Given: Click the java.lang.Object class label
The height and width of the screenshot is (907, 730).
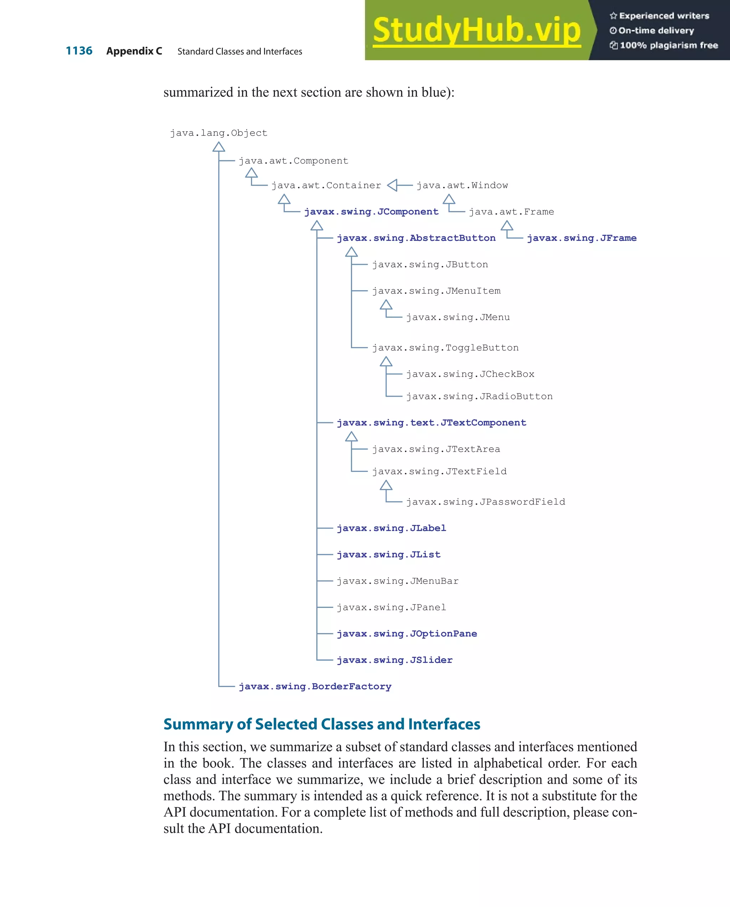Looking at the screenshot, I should pyautogui.click(x=219, y=133).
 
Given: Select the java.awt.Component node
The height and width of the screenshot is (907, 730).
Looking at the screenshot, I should pyautogui.click(x=293, y=161).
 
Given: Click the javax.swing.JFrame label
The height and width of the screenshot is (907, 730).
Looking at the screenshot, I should pyautogui.click(x=581, y=238).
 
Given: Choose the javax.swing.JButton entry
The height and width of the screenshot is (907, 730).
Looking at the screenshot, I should pyautogui.click(x=430, y=264).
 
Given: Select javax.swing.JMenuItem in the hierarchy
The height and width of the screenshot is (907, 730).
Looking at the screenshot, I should pyautogui.click(x=436, y=291).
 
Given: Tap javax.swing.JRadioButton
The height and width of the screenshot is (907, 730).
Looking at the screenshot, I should pyautogui.click(x=479, y=397).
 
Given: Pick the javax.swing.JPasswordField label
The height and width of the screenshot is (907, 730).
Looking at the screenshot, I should pyautogui.click(x=485, y=502).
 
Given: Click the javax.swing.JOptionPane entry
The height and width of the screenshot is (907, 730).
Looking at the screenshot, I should pyautogui.click(x=407, y=634).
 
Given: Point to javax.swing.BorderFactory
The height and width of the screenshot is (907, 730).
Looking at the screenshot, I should pyautogui.click(x=315, y=686).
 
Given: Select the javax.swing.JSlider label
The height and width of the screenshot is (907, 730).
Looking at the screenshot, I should pyautogui.click(x=395, y=660).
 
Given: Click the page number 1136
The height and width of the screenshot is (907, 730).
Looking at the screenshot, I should pyautogui.click(x=79, y=51).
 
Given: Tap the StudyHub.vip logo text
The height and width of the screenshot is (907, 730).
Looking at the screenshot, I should pyautogui.click(x=477, y=30).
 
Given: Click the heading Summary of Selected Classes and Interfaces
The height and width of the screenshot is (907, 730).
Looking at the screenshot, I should pyautogui.click(x=322, y=724).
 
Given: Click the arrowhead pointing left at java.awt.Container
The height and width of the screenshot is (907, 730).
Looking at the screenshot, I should pyautogui.click(x=392, y=185).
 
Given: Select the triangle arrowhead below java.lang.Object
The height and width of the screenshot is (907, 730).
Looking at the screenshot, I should pyautogui.click(x=219, y=147).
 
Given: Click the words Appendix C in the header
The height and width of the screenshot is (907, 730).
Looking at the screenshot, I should pyautogui.click(x=134, y=51).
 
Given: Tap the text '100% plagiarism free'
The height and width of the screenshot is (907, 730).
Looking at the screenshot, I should pyautogui.click(x=669, y=45).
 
